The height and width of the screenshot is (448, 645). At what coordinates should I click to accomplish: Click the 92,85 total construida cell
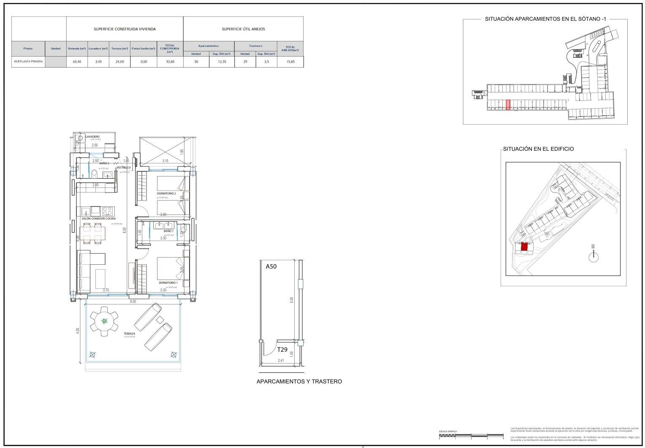pos(170,62)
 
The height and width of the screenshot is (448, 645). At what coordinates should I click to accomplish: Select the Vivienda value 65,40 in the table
pos(77,62)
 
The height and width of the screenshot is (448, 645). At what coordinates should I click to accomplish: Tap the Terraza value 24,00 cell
pos(119,62)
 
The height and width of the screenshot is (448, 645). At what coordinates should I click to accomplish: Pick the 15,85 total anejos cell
pos(290,62)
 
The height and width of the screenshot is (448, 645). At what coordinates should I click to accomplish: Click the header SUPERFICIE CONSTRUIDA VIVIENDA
pos(125,29)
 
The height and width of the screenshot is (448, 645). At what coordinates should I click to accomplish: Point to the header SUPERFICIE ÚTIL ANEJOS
pos(243,29)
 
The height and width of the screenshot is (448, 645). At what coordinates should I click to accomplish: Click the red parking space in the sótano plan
pos(508,105)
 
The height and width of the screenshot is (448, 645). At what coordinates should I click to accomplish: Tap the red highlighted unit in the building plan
pos(524,247)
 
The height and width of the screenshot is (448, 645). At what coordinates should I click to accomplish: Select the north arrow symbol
pos(594,255)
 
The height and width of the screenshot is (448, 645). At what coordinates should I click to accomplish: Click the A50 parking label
pos(271,267)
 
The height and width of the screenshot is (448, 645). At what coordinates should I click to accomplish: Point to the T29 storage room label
pos(282,350)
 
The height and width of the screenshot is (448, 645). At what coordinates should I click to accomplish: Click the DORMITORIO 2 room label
pos(166,193)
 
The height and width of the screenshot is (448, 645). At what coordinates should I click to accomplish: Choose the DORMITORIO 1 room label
pos(168,282)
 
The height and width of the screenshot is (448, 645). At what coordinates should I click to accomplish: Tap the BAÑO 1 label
pos(168,231)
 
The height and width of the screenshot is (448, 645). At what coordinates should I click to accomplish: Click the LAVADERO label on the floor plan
pos(92,137)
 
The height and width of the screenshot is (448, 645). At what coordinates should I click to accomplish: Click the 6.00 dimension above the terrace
pos(133,301)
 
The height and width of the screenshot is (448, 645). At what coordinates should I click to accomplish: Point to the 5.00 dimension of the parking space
pos(291,299)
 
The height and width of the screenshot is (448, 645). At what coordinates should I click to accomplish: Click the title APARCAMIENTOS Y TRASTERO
pos(299,382)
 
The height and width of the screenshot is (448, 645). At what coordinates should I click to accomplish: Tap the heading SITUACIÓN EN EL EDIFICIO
pos(538,149)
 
